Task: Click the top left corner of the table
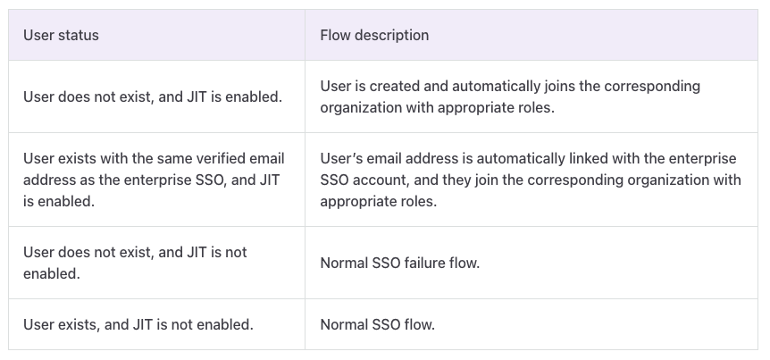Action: point(8,9)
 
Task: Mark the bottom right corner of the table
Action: point(757,349)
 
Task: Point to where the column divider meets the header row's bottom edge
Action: point(305,61)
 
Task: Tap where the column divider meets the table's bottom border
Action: point(305,349)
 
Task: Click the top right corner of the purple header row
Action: point(757,9)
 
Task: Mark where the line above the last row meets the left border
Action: point(8,298)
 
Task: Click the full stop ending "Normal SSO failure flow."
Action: point(478,267)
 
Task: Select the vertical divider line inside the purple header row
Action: point(305,35)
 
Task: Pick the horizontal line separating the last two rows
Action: point(383,298)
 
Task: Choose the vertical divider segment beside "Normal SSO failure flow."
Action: point(305,263)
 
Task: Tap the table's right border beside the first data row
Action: point(757,96)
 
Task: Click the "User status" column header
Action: point(61,35)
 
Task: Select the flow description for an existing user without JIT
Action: point(378,324)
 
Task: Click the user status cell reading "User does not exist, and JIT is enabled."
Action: point(153,96)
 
